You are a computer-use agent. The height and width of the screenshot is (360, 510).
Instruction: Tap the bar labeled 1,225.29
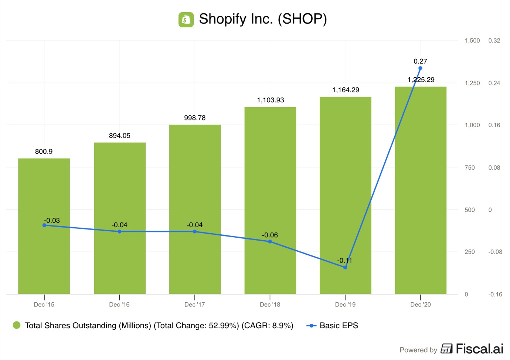pyautogui.click(x=421, y=192)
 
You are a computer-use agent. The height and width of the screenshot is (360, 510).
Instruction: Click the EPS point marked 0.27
pyautogui.click(x=420, y=68)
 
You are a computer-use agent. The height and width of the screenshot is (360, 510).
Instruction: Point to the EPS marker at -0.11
pyautogui.click(x=345, y=267)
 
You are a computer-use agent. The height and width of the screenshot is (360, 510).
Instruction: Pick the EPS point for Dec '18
pyautogui.click(x=270, y=242)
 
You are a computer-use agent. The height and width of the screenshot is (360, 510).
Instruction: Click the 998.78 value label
pyautogui.click(x=195, y=118)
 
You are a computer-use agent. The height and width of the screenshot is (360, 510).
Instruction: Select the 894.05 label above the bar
pyautogui.click(x=119, y=136)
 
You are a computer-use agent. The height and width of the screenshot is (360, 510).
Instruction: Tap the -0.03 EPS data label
pyautogui.click(x=52, y=220)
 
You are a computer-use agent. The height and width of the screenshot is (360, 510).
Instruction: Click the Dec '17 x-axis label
pyautogui.click(x=194, y=305)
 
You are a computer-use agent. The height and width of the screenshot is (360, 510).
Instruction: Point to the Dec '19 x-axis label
pyautogui.click(x=345, y=305)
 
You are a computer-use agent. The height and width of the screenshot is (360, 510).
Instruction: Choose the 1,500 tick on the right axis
pyautogui.click(x=472, y=41)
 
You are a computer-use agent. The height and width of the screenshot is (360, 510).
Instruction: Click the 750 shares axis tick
pyautogui.click(x=469, y=168)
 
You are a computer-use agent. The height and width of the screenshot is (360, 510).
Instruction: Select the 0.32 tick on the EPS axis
pyautogui.click(x=494, y=41)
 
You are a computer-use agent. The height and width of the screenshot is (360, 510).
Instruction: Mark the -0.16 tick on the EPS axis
pyautogui.click(x=495, y=295)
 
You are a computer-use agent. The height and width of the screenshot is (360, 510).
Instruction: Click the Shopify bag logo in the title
pyautogui.click(x=186, y=20)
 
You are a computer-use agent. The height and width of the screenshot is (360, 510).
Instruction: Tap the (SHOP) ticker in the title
pyautogui.click(x=302, y=19)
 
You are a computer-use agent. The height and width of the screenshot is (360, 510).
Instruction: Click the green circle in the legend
pyautogui.click(x=16, y=325)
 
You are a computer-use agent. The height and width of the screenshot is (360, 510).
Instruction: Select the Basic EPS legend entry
pyautogui.click(x=332, y=326)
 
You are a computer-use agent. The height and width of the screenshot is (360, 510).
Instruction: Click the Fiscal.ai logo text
pyautogui.click(x=479, y=349)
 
